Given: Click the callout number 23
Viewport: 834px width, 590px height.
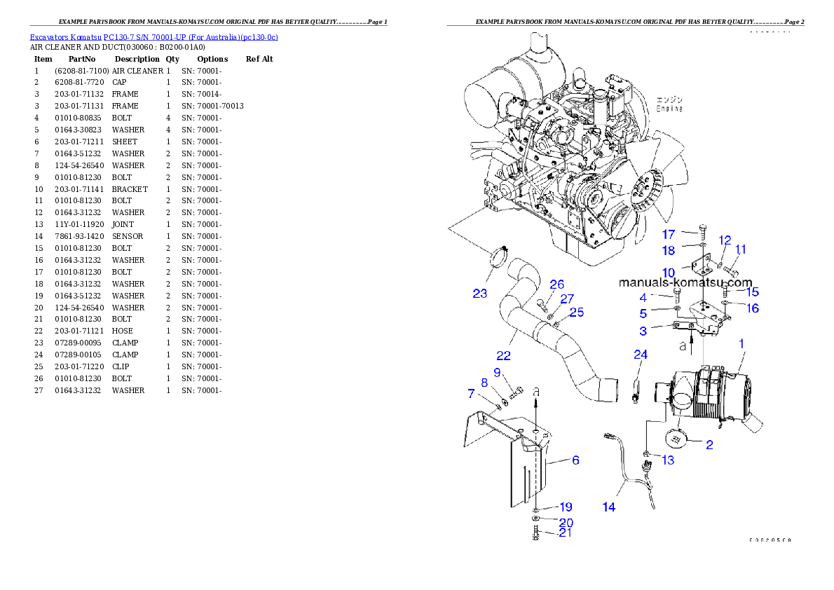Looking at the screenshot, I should click(479, 294).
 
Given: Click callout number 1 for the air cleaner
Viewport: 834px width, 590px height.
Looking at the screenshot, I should click(741, 343).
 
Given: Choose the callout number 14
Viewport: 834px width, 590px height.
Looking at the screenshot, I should click(609, 507).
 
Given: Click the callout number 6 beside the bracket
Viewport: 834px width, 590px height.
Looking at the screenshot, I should click(575, 460).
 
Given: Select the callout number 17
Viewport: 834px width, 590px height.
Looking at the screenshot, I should click(669, 234).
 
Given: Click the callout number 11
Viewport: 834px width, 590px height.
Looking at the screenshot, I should click(741, 249).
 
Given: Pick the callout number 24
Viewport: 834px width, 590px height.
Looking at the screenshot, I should click(641, 355).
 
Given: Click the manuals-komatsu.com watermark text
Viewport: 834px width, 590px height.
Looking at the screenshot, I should click(685, 282).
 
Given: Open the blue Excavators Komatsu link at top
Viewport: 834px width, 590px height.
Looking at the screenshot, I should click(153, 37).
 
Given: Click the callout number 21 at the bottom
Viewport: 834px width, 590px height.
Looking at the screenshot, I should click(565, 533).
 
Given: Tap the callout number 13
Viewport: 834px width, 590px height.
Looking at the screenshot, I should click(668, 460).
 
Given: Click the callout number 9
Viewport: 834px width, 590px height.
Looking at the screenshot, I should click(497, 372).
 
